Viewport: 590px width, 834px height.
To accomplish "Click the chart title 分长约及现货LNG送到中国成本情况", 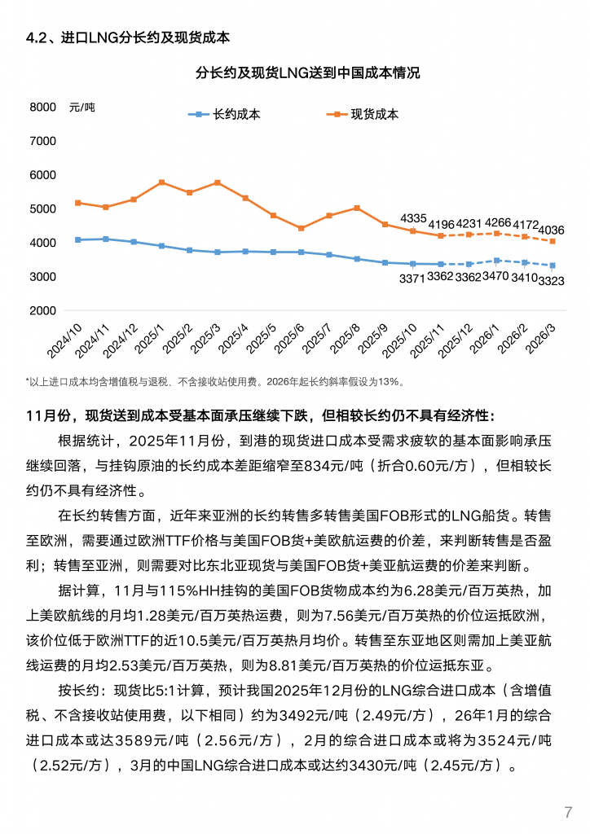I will coord(308,73).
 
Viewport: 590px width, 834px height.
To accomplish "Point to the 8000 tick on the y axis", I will coord(42,107).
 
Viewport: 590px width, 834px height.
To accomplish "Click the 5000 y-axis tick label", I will coord(42,209).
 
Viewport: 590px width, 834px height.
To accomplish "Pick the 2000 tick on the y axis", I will coord(42,311).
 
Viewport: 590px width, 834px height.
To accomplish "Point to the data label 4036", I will coord(553,230).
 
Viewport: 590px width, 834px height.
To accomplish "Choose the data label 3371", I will coord(413,279).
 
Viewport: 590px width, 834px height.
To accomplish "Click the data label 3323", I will coord(552,281).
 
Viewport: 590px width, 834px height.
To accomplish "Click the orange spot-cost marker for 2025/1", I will coord(162,182).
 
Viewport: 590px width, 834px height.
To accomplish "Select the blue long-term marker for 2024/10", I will coord(78,239).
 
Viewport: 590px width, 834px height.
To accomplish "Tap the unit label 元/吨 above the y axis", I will coord(82,108).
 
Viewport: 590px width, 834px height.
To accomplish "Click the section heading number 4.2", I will coord(37,37).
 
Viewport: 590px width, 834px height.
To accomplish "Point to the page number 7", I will coord(568,812).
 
